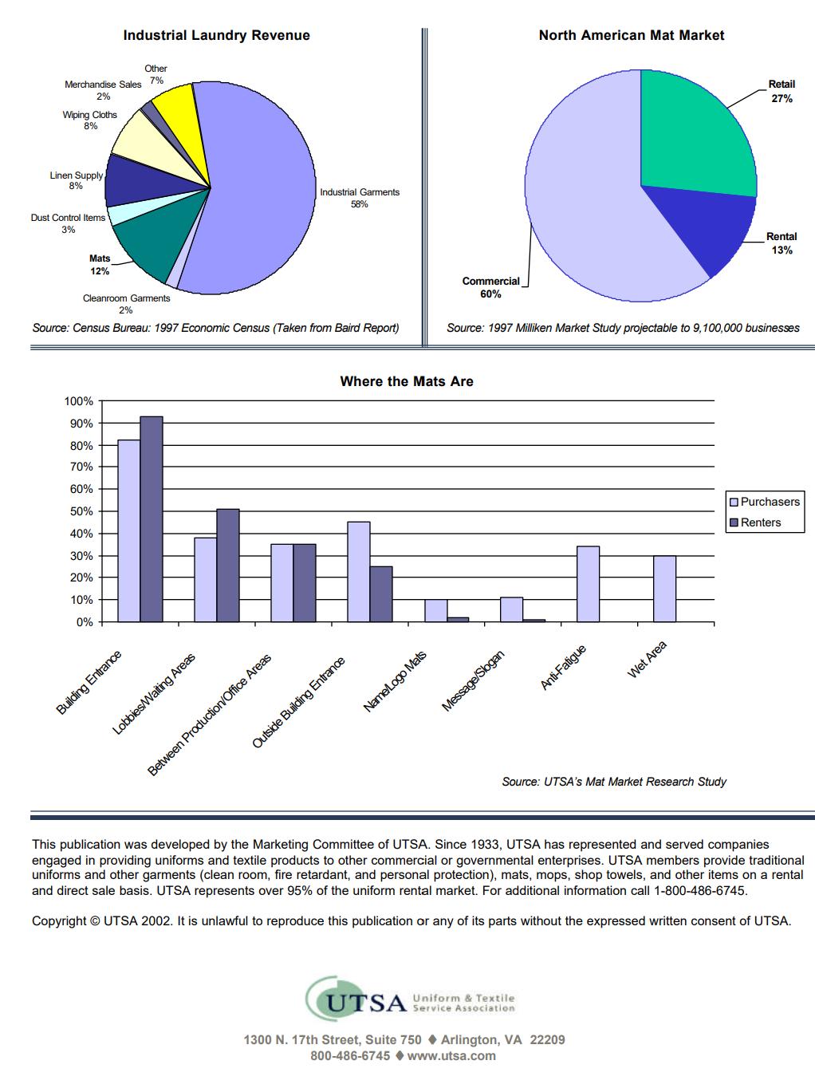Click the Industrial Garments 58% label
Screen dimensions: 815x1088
(360, 198)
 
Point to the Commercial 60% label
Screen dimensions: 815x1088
(490, 287)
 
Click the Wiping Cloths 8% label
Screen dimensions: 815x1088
(89, 120)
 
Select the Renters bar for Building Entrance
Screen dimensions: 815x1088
(151, 519)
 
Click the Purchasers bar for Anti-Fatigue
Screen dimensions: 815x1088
(588, 584)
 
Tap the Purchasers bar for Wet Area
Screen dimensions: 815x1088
(664, 589)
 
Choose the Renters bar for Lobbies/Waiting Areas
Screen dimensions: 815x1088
(228, 565)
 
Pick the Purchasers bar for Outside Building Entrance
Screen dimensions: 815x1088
(359, 571)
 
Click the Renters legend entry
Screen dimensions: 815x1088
(755, 522)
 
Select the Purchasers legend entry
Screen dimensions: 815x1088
(765, 502)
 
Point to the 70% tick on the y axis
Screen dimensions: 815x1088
(82, 467)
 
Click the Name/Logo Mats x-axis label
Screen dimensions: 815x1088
(395, 681)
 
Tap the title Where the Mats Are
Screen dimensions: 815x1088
(407, 381)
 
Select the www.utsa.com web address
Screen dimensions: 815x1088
(451, 1056)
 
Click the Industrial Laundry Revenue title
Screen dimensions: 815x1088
(216, 35)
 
